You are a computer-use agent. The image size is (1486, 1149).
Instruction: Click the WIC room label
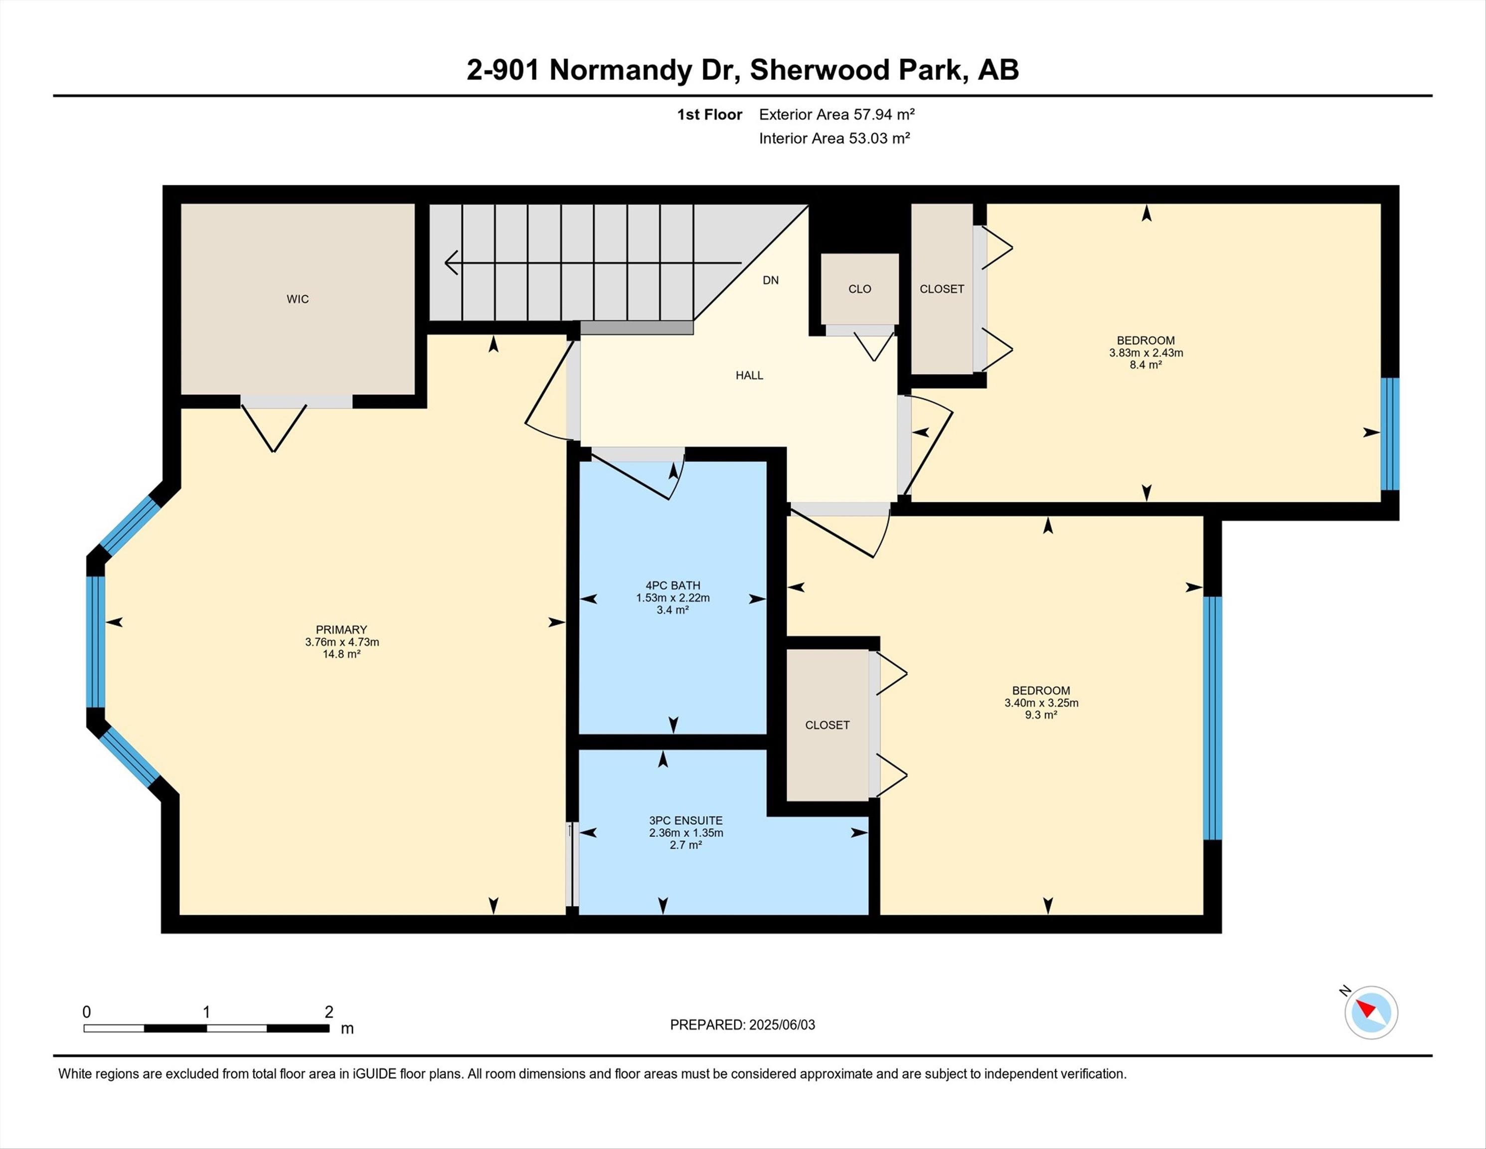(x=297, y=299)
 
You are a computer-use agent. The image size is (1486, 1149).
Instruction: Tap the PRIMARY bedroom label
(x=341, y=630)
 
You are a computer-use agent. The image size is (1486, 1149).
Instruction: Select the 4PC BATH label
(x=673, y=585)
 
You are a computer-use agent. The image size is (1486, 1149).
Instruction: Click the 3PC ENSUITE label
(x=686, y=821)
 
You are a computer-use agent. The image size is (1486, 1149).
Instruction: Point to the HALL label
(x=749, y=375)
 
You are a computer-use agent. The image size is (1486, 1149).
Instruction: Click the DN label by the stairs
(x=770, y=280)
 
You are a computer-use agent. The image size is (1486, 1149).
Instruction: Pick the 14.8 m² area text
(x=341, y=654)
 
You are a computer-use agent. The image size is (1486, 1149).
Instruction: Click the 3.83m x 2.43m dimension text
(x=1146, y=353)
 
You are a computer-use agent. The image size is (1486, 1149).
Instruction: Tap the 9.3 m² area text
(x=1041, y=715)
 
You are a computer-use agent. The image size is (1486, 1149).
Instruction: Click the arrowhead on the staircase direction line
(x=451, y=262)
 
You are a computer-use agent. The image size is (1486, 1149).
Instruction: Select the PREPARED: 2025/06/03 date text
(x=742, y=1024)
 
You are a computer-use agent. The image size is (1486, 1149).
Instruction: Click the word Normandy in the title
(x=621, y=70)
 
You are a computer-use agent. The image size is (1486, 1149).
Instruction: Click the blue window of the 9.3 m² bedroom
(x=1212, y=718)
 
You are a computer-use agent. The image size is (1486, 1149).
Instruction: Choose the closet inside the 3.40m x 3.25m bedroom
(x=827, y=725)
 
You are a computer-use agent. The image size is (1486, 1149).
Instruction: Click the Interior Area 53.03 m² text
(x=834, y=138)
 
